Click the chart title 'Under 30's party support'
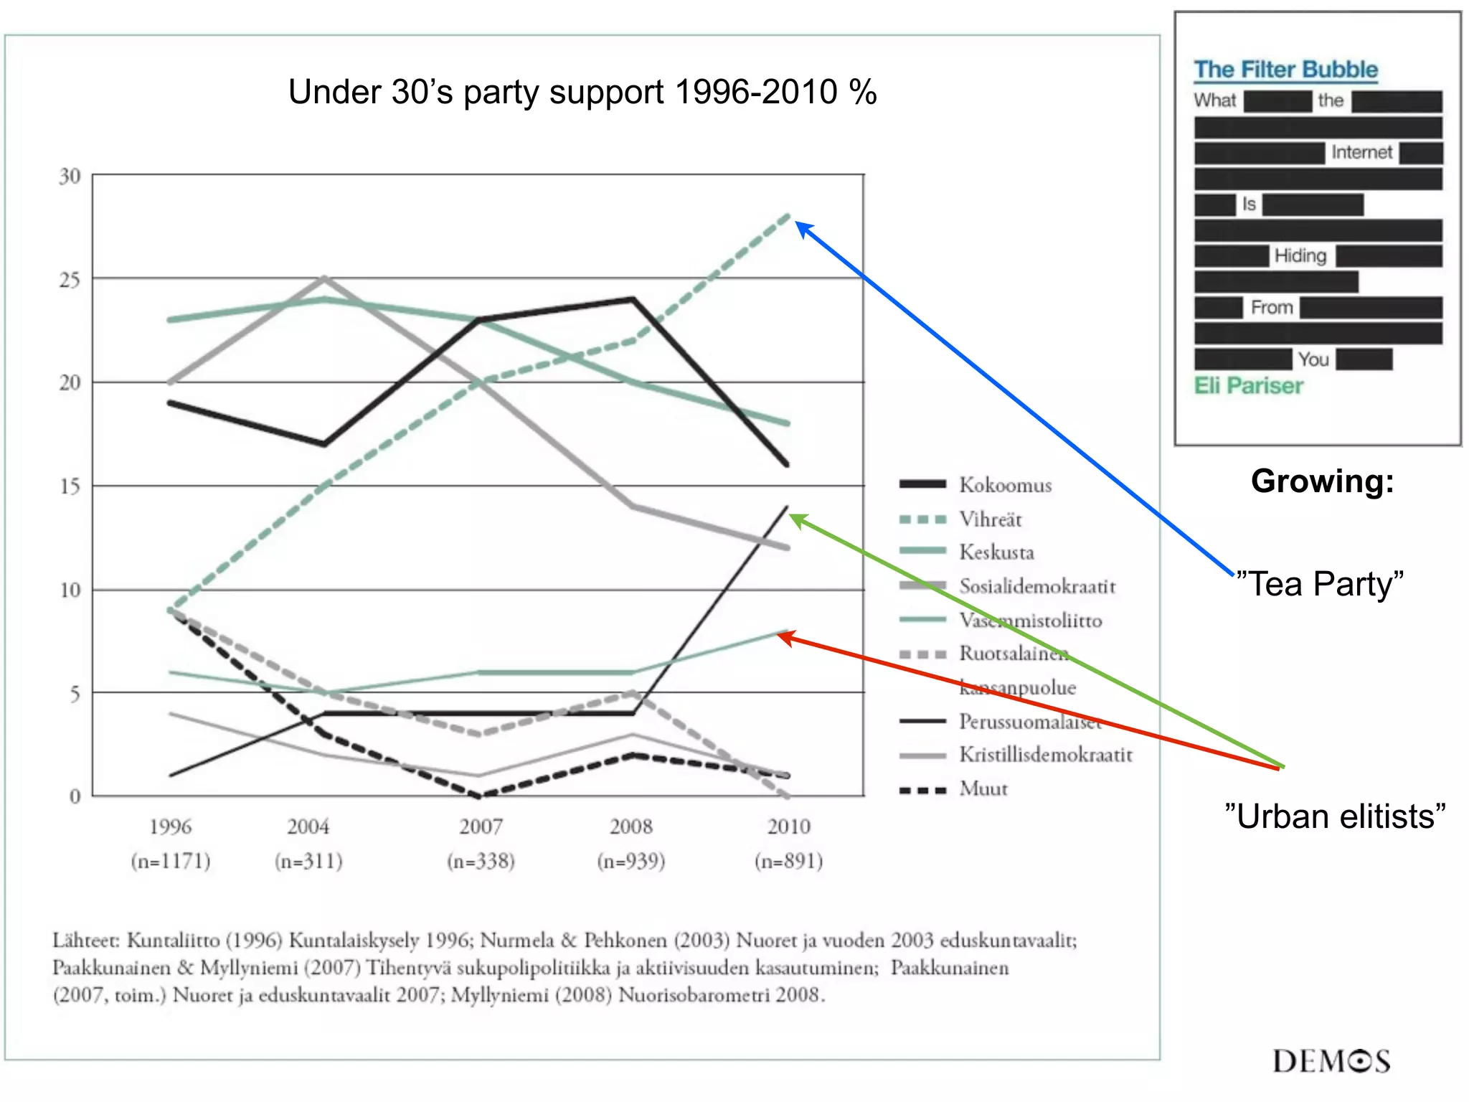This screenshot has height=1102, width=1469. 582,93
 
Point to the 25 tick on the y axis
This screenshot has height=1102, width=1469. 70,280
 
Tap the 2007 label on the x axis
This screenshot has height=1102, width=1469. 481,826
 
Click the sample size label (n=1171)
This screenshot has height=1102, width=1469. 171,860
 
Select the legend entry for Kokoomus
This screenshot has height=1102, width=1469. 1005,485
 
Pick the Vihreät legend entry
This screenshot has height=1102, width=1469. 990,519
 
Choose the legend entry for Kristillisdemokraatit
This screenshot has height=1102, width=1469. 1045,755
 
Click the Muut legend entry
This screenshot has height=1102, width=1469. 983,789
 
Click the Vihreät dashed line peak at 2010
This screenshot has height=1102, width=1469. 788,216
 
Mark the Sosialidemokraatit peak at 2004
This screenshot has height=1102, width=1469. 324,278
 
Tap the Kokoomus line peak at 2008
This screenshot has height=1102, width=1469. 633,298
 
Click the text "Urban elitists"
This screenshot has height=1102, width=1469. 1335,816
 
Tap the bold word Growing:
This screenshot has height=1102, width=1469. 1322,481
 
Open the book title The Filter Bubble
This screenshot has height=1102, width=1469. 1285,70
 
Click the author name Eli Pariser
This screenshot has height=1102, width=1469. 1248,386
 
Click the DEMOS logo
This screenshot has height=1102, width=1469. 1331,1061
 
